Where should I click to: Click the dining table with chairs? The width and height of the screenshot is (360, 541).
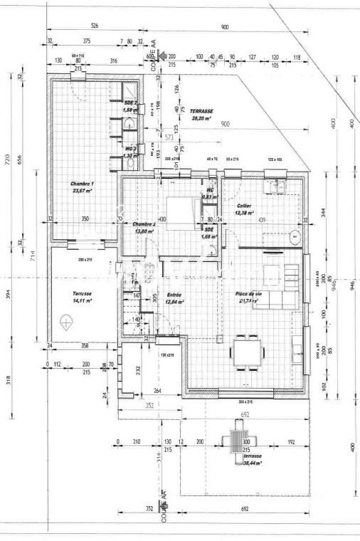(x=247, y=351)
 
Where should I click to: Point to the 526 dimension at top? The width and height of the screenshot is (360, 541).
(x=95, y=26)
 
